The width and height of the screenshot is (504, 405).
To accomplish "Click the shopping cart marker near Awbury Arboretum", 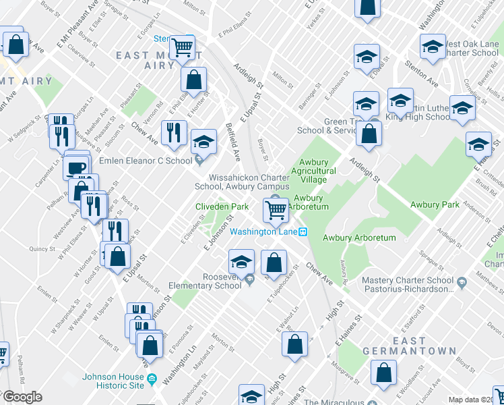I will [x=276, y=210].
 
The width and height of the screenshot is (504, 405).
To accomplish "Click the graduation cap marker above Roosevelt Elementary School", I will [x=242, y=261].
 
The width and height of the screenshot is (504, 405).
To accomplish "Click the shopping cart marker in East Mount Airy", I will [x=182, y=47].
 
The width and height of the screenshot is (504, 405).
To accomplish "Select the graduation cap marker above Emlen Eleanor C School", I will [x=203, y=141].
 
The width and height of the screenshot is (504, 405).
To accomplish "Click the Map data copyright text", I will [x=474, y=400].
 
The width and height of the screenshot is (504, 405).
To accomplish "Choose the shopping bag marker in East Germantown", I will [x=383, y=373].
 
